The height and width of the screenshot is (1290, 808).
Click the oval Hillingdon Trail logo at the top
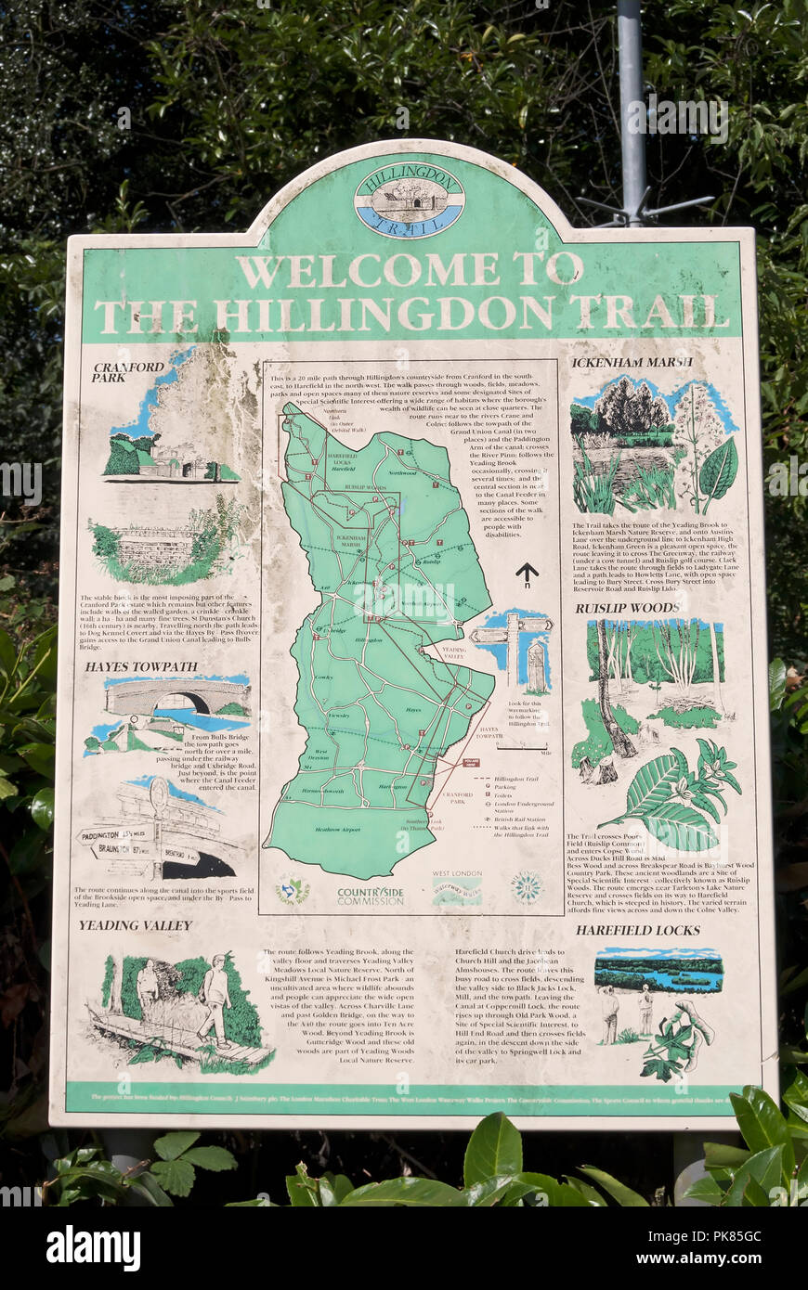pos(409,200)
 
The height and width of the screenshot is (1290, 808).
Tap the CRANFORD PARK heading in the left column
pos(128,371)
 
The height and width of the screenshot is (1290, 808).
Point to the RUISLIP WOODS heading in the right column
pos(627,608)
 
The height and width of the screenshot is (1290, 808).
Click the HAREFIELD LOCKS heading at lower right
pos(637,929)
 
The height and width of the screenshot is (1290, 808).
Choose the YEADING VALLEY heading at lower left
pos(135,925)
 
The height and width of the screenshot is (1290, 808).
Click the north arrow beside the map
pos(527,574)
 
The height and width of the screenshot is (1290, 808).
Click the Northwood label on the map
pos(402,473)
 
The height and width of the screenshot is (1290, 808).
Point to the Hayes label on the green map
pos(413,709)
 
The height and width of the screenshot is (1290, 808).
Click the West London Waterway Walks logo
pos(456,891)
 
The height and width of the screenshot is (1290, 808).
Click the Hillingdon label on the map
pos(368,640)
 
